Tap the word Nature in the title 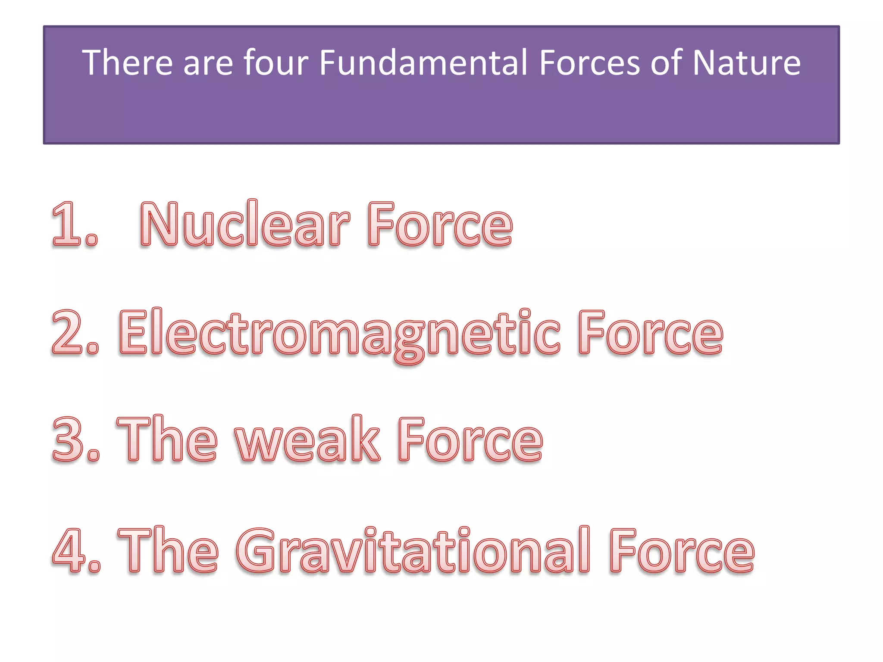[746, 63]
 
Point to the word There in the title [127, 63]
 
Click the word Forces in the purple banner [590, 63]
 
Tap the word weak [307, 440]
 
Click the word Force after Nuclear [440, 225]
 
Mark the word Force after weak [470, 440]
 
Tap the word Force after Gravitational [682, 551]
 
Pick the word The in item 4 [168, 551]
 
